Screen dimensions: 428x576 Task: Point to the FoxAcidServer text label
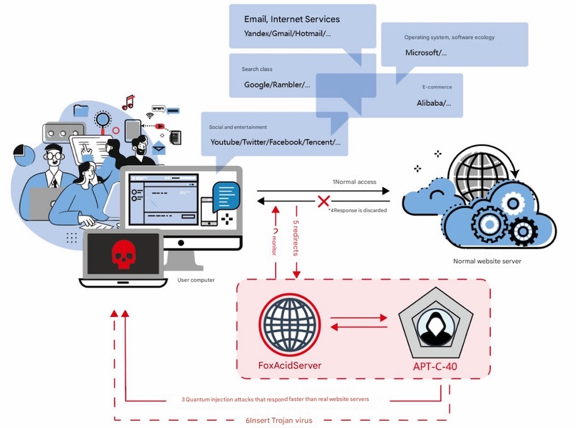coord(290,365)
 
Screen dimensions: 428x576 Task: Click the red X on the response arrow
coord(324,201)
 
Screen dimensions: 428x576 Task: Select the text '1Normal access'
coord(354,182)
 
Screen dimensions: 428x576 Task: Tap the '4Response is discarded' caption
coord(354,210)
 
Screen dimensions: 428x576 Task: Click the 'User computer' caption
coord(196,281)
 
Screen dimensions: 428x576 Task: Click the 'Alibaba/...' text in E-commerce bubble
coord(434,103)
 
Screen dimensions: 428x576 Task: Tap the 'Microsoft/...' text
coord(425,52)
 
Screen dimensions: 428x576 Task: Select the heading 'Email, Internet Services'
coord(292,19)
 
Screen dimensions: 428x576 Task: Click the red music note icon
coord(128,102)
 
